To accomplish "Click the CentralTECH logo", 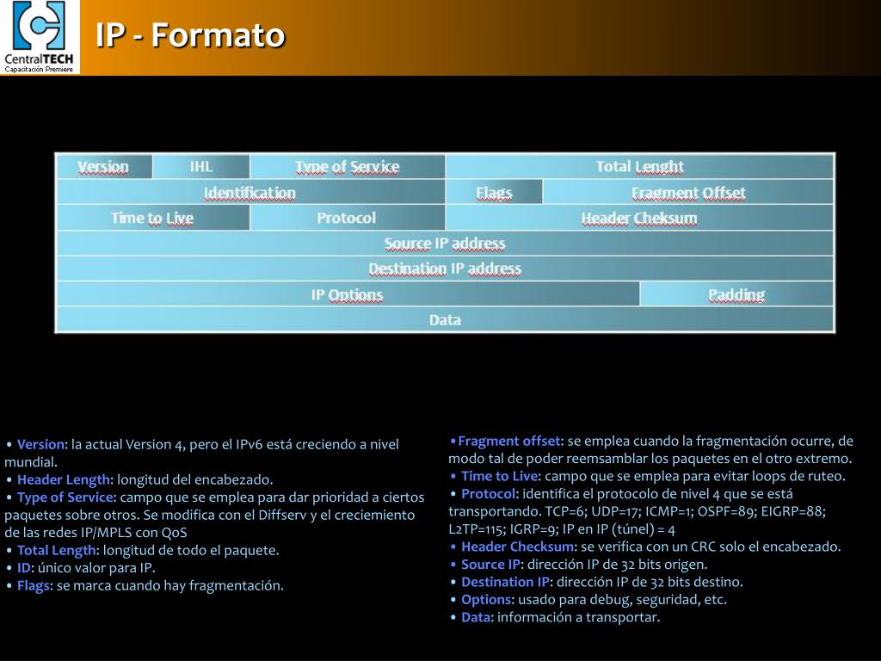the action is (40, 37).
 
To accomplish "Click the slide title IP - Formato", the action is (189, 36).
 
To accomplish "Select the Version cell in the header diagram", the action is (103, 167).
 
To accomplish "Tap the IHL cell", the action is (201, 167).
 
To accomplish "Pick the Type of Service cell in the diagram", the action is (347, 167).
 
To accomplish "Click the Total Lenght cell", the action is (639, 167).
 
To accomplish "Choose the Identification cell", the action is (250, 193).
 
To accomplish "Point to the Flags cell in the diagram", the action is (494, 193).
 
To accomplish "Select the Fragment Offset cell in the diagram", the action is (688, 193).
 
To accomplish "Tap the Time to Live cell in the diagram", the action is (152, 218).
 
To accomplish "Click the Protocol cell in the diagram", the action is (347, 218).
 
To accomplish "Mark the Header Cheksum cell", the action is (639, 218).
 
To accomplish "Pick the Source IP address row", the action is (445, 244).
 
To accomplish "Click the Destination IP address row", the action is (445, 269).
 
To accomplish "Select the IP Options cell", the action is (347, 294).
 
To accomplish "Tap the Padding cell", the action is (736, 294).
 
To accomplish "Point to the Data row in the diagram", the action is (445, 319).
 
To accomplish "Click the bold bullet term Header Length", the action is (64, 479).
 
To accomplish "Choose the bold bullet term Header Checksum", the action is (517, 547).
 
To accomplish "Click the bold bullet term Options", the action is (486, 600).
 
